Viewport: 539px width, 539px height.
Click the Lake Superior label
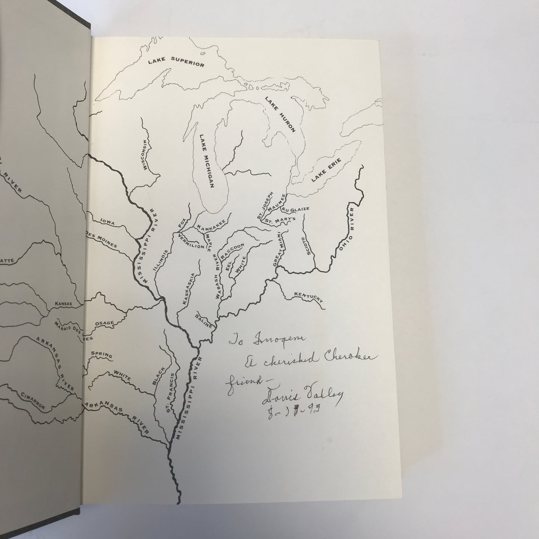176,62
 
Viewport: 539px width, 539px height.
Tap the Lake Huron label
280,114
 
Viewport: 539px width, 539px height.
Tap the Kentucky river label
308,297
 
